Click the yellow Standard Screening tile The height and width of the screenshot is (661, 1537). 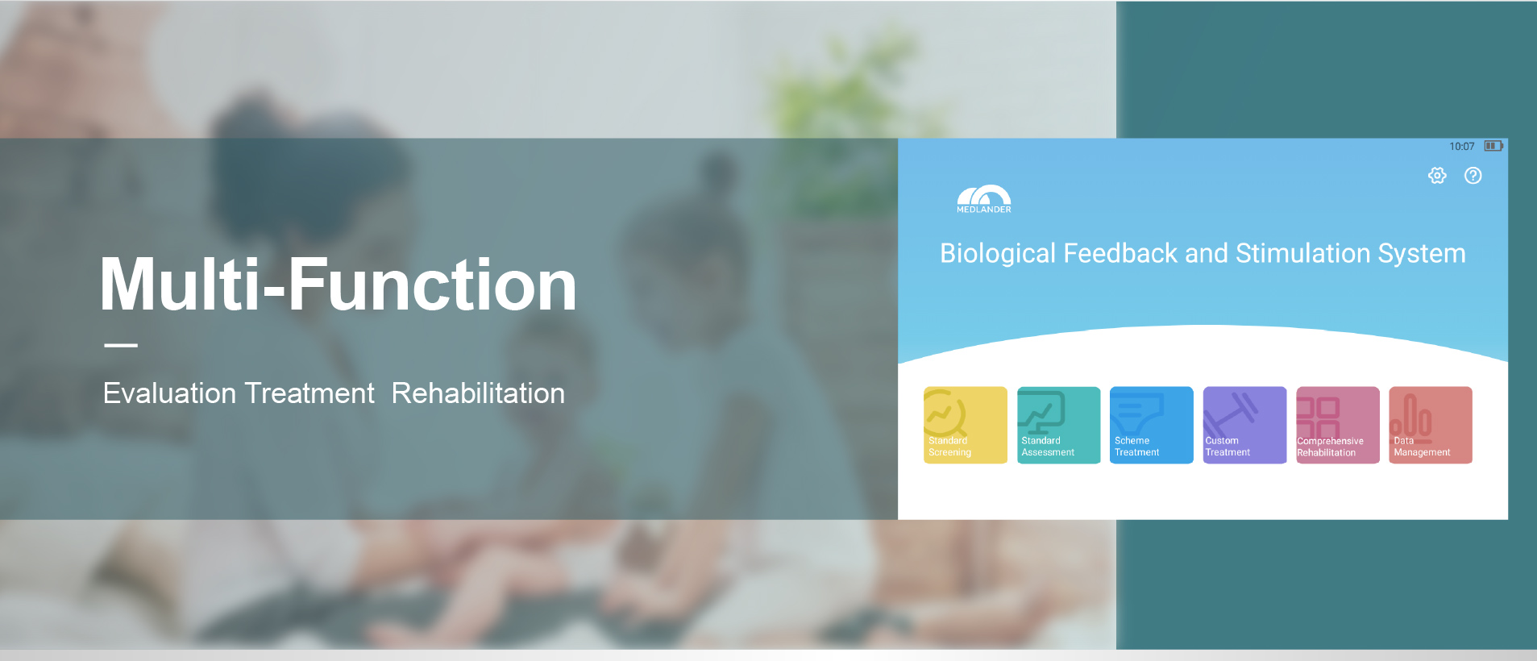(x=965, y=425)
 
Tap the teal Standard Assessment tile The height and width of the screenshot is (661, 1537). (x=1058, y=425)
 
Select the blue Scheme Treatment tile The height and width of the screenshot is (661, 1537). (x=1151, y=425)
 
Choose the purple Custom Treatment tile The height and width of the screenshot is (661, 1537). (x=1244, y=425)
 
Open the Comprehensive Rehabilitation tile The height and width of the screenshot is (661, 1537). (x=1338, y=425)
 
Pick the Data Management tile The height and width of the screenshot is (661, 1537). (x=1431, y=425)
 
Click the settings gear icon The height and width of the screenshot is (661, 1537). (x=1437, y=176)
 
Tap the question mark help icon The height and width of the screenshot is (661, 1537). (x=1473, y=176)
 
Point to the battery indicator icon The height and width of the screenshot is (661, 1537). (x=1493, y=146)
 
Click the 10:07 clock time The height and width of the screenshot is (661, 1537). (x=1462, y=147)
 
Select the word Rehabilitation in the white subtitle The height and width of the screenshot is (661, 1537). (x=478, y=393)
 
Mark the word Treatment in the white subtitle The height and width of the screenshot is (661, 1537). (x=309, y=393)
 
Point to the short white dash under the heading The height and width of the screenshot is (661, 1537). (x=121, y=345)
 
